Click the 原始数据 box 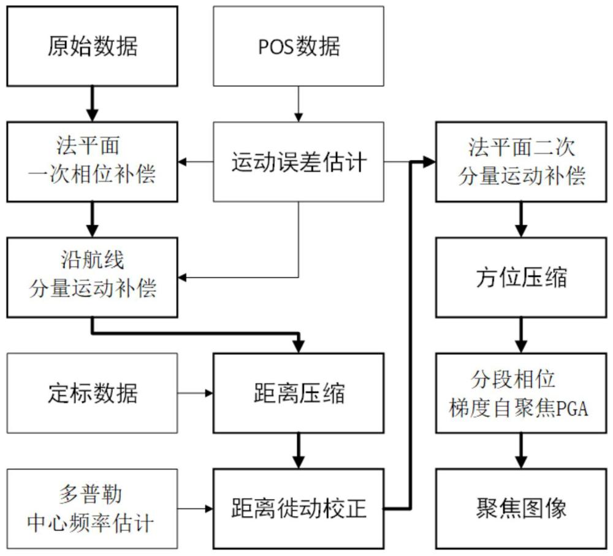(92, 46)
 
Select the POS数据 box (298, 46)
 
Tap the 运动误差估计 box (298, 162)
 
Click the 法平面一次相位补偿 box (92, 162)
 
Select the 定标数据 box (92, 393)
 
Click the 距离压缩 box (298, 393)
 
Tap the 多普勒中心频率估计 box (92, 508)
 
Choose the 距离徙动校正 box (298, 508)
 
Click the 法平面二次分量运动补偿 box (520, 162)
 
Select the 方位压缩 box (520, 277)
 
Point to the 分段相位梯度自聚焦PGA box (520, 393)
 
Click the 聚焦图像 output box (520, 508)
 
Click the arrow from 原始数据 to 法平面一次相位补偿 (92, 104)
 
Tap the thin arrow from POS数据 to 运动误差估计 (298, 104)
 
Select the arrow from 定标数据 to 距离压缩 (195, 393)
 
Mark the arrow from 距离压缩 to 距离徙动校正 (298, 451)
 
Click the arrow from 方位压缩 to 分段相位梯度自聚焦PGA (520, 335)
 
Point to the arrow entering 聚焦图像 (520, 451)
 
